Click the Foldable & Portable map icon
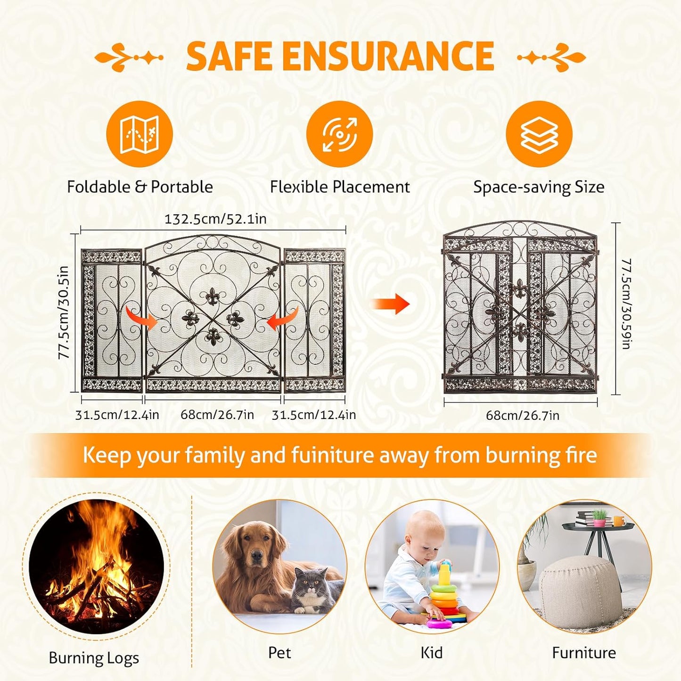point(139,134)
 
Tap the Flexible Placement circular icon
point(339,134)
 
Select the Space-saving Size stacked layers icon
point(539,134)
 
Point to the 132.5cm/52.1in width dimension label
point(215,219)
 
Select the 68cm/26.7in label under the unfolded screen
point(217,415)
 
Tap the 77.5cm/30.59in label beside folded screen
point(626,304)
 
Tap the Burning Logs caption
point(94,658)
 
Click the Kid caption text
point(431,653)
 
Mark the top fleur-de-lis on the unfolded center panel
point(213,296)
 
